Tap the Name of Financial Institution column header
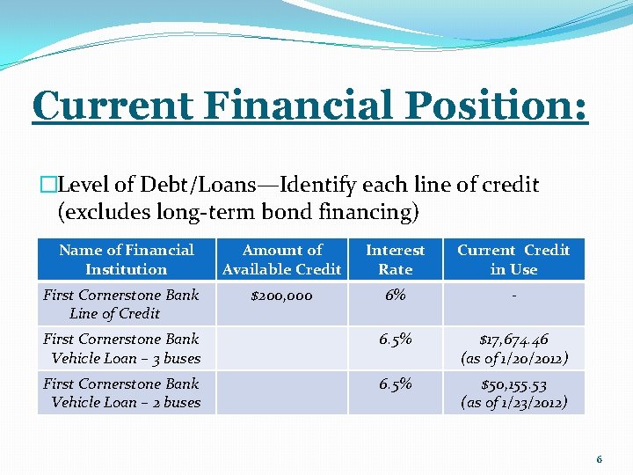[126, 259]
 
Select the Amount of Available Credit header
[281, 259]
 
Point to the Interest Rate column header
[395, 259]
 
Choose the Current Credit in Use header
[513, 259]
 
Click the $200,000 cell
[281, 296]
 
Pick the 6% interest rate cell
[395, 296]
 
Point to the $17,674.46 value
[514, 340]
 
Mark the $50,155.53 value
[514, 384]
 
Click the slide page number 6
[599, 459]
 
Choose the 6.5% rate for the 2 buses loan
[395, 384]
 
